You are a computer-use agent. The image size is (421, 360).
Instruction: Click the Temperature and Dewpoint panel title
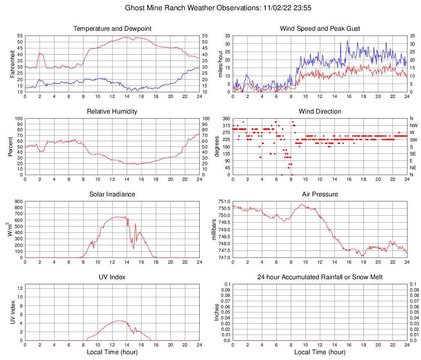112,29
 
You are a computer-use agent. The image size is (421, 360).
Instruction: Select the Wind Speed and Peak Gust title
320,29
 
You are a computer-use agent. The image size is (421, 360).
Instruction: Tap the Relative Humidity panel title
112,112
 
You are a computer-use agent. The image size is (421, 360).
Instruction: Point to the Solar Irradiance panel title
112,194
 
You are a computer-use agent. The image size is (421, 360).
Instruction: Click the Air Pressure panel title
320,194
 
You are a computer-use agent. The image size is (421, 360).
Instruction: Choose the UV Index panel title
112,277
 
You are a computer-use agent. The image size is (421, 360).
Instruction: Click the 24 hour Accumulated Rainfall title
320,277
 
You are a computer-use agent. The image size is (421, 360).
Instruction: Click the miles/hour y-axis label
221,64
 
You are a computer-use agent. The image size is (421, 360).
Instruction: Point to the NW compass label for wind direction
414,125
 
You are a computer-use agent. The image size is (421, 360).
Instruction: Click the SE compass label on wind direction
413,154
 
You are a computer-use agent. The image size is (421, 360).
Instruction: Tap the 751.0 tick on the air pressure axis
223,201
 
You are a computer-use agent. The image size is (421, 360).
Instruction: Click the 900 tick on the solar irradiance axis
18,201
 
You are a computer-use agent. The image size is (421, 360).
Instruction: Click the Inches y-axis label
217,312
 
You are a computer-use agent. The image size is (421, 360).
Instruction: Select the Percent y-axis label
11,147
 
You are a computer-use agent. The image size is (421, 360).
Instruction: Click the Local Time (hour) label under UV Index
112,352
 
